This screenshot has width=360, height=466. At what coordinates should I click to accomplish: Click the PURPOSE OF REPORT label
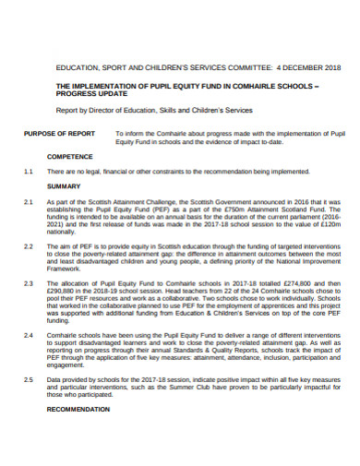tap(58, 134)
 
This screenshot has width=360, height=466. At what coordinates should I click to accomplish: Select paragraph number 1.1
tap(29, 172)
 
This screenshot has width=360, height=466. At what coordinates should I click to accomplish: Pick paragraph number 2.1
tap(29, 200)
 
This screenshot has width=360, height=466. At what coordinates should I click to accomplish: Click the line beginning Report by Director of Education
tap(153, 110)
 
